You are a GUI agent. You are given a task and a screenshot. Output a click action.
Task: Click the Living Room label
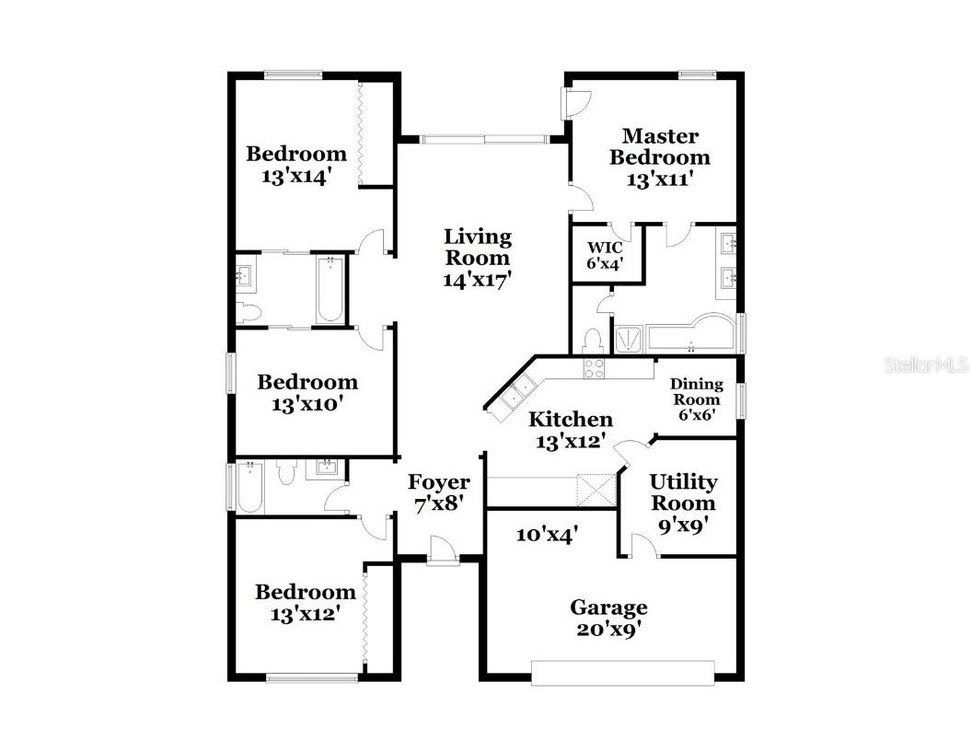pyautogui.click(x=477, y=258)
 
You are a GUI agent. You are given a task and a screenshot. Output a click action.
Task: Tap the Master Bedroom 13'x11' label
pyautogui.click(x=659, y=157)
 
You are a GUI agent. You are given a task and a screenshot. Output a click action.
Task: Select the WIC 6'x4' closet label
pyautogui.click(x=606, y=254)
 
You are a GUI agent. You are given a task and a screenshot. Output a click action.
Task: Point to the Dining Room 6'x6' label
pyautogui.click(x=696, y=399)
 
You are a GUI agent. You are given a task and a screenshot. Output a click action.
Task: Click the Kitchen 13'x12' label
pyautogui.click(x=570, y=430)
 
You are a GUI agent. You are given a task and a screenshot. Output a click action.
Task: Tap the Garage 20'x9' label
pyautogui.click(x=607, y=618)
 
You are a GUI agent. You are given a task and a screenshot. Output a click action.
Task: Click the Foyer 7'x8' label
pyautogui.click(x=438, y=492)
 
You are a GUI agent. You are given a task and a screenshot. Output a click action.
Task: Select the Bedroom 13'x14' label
pyautogui.click(x=295, y=165)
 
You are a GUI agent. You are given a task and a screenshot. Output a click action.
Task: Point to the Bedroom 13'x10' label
pyautogui.click(x=307, y=392)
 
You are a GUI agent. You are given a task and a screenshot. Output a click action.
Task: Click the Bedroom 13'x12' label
pyautogui.click(x=305, y=602)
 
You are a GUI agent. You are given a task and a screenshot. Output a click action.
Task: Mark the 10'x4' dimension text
pyautogui.click(x=546, y=535)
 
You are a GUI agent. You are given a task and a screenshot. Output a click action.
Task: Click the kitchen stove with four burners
pyautogui.click(x=594, y=368)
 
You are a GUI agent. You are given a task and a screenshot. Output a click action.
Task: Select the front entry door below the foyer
pyautogui.click(x=443, y=556)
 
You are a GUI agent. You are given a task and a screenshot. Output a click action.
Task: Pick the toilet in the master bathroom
pyautogui.click(x=593, y=341)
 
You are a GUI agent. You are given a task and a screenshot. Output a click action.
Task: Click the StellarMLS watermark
pyautogui.click(x=926, y=365)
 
